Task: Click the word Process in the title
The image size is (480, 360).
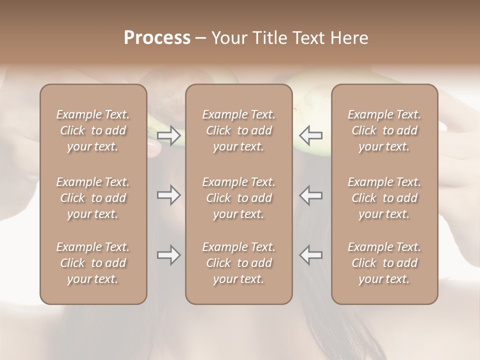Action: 157,38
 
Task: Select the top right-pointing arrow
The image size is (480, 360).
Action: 168,135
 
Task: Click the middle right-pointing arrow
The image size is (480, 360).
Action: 168,195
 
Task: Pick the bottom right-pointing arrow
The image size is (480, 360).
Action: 168,255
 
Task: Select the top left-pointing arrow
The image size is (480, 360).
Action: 310,135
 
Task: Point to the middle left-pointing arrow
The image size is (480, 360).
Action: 310,195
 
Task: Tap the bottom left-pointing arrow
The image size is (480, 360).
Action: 310,255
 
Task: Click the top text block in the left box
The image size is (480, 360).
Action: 93,130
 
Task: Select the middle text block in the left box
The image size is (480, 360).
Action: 93,198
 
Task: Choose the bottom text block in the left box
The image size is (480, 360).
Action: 93,263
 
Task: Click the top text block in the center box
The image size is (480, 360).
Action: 238,130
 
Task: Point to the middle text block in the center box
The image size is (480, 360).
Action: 238,198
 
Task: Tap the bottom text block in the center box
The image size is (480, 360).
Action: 238,263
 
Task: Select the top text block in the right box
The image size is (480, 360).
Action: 384,130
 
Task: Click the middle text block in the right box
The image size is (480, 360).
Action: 384,198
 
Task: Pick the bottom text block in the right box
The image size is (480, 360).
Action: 384,263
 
